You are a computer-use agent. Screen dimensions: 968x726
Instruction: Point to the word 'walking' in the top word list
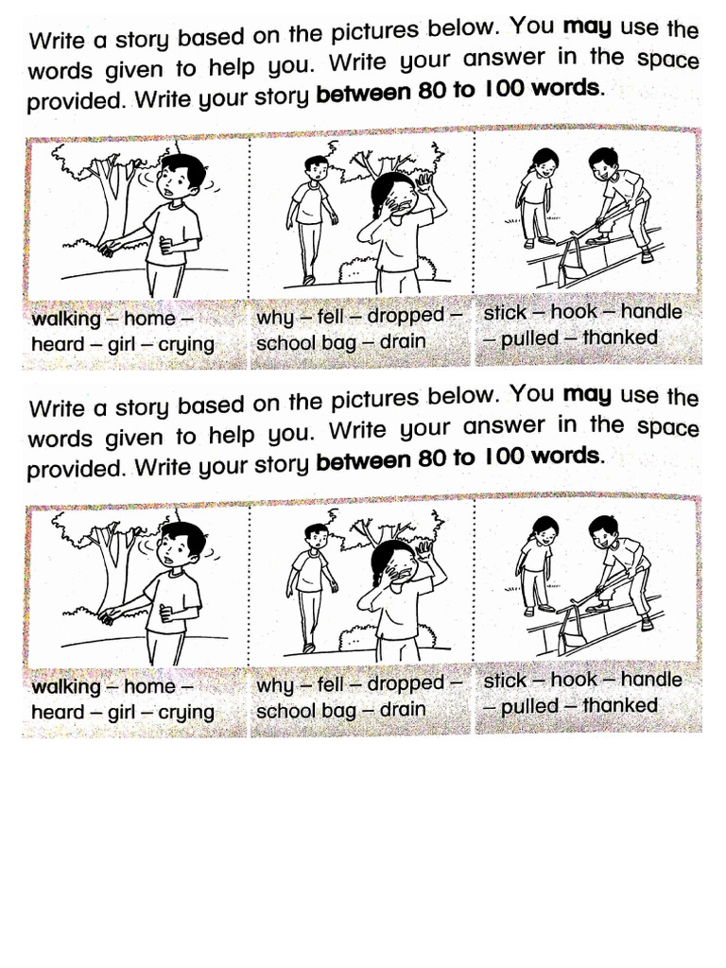pos(65,320)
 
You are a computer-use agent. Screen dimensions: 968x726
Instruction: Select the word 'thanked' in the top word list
pos(620,337)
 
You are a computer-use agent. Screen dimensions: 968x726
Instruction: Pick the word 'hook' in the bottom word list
pos(574,680)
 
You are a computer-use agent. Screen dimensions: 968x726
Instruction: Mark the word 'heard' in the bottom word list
pos(58,712)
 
